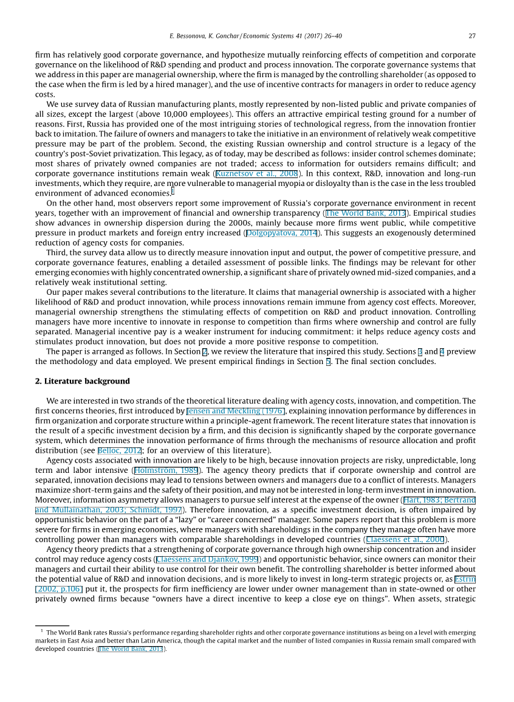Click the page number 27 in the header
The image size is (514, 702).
click(x=472, y=36)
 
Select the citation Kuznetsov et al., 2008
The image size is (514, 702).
click(x=256, y=174)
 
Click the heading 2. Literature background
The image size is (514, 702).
click(x=83, y=381)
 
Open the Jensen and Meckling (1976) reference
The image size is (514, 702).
click(x=236, y=411)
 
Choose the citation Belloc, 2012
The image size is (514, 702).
click(x=120, y=450)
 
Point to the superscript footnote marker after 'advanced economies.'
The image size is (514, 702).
click(x=173, y=191)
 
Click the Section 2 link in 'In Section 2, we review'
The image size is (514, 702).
click(x=205, y=351)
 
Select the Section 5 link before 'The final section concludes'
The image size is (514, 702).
click(x=311, y=362)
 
